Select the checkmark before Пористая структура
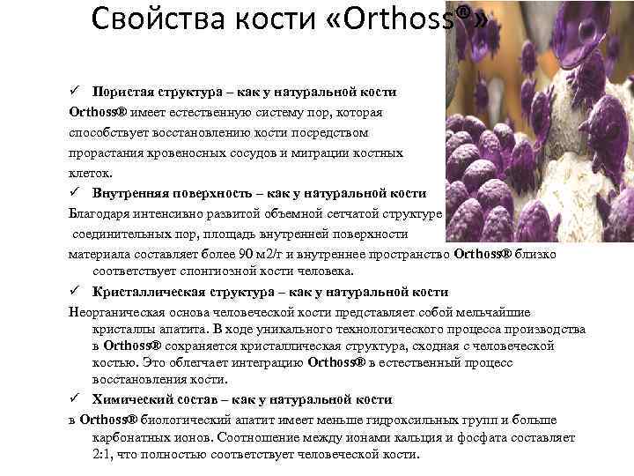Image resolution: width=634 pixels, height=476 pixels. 77,92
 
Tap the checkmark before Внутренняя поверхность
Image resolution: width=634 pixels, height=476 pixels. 77,192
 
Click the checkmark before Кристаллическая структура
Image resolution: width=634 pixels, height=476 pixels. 77,292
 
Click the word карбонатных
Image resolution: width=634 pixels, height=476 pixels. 129,437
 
